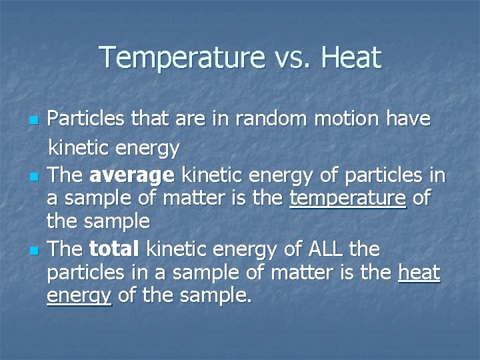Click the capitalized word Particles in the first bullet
pos(87,119)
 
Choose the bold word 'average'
pos(131,175)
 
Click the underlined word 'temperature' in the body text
pos(348,199)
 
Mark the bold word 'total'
pos(113,249)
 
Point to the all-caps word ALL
pos(325,249)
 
